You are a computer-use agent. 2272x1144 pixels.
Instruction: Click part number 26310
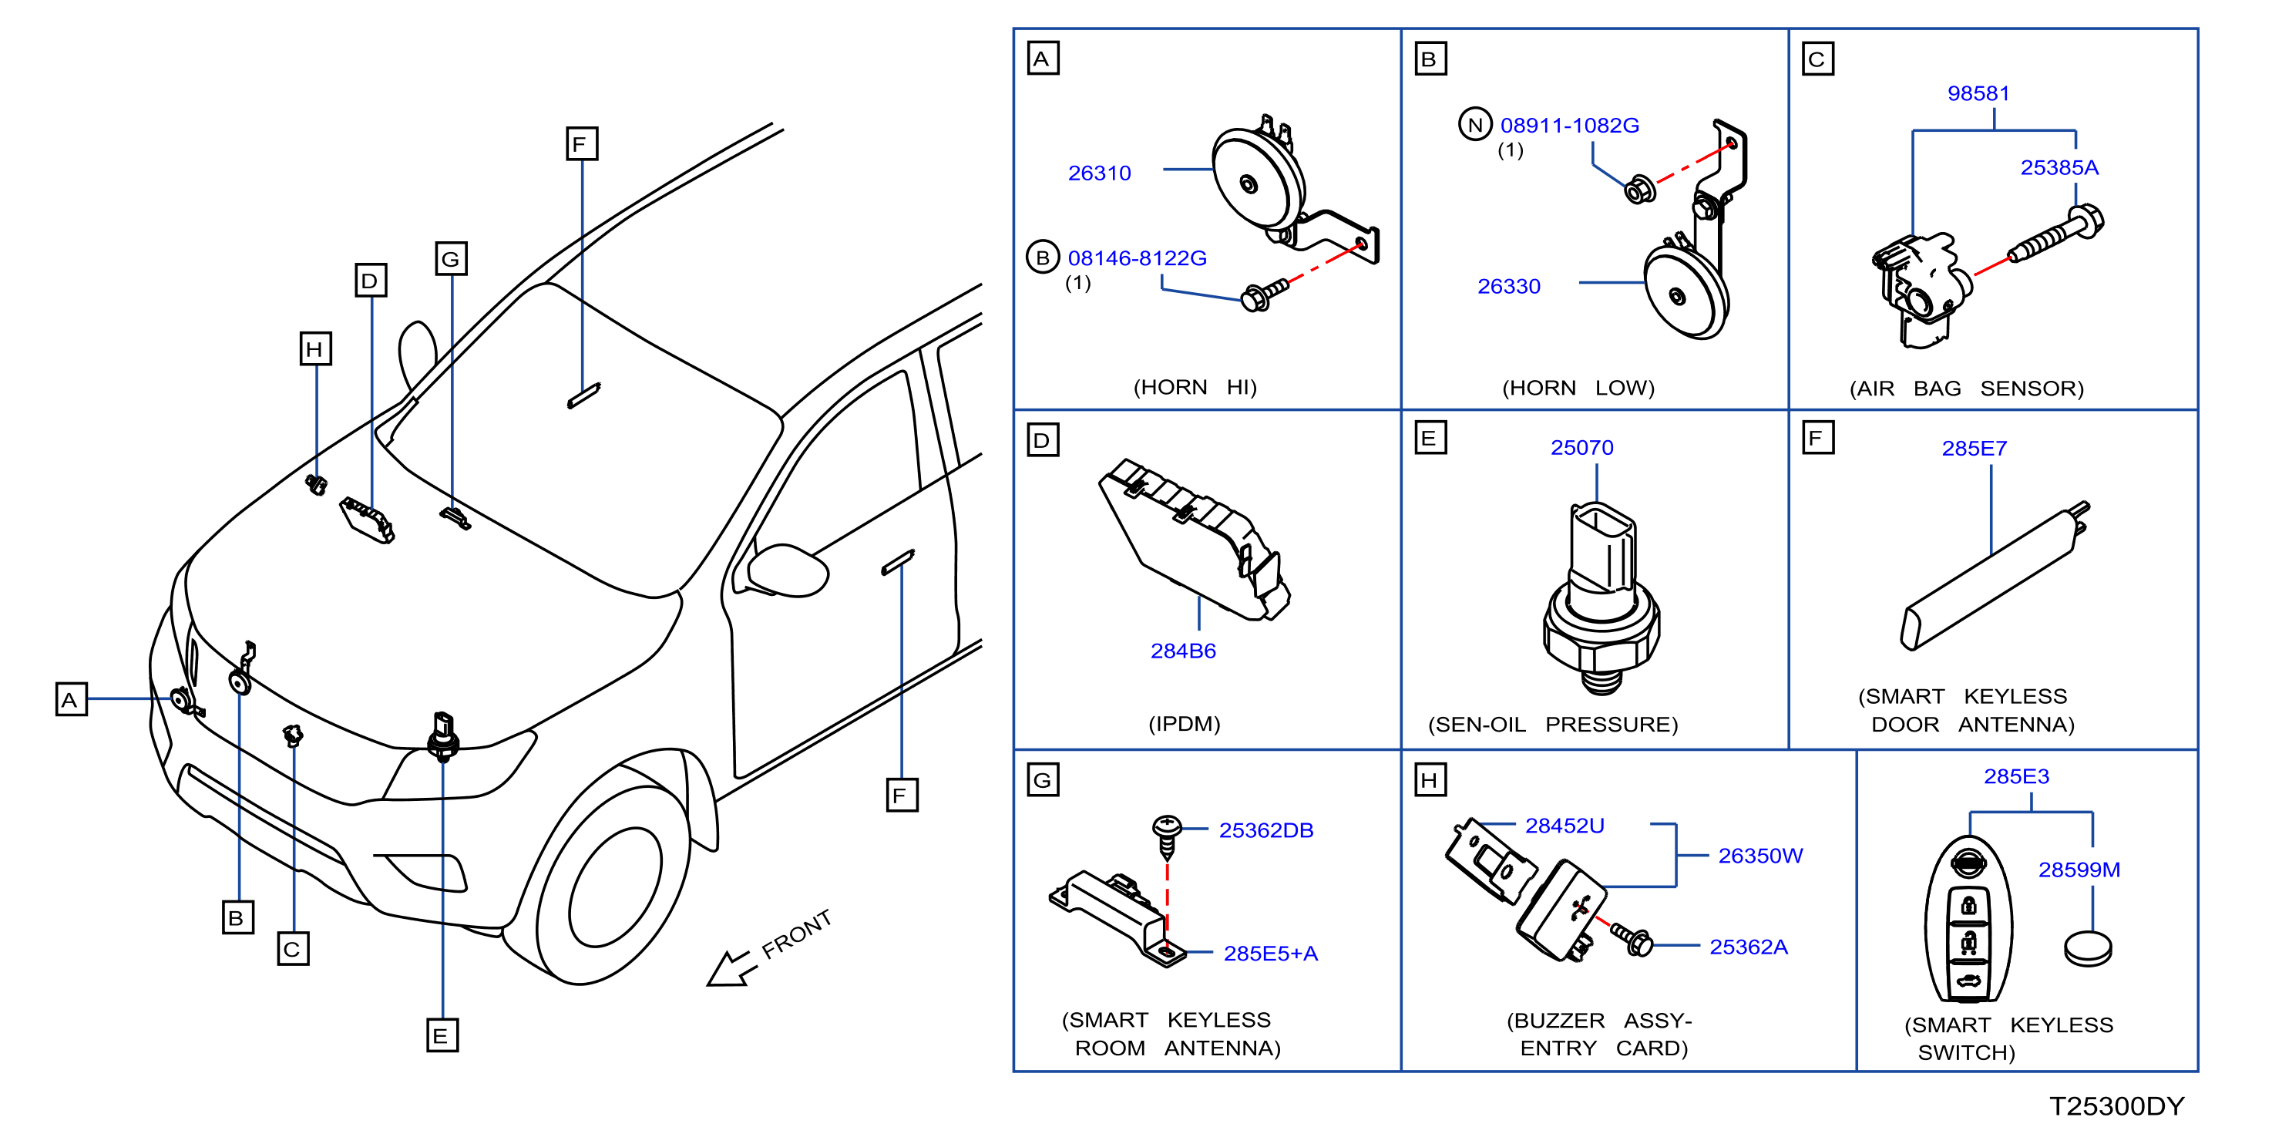click(x=1099, y=173)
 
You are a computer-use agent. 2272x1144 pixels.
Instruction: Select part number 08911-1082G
click(x=1569, y=125)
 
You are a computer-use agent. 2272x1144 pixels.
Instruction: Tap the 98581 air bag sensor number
click(x=1978, y=93)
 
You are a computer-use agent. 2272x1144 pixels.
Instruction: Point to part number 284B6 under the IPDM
click(x=1183, y=651)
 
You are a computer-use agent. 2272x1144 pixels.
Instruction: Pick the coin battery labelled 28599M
click(x=2088, y=949)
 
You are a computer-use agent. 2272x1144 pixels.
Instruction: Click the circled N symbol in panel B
click(x=1474, y=124)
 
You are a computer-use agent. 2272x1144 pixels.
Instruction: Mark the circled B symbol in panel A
click(x=1043, y=257)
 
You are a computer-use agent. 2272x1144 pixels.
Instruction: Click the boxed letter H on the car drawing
click(x=316, y=349)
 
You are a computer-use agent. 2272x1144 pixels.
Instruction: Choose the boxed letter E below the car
click(x=442, y=1035)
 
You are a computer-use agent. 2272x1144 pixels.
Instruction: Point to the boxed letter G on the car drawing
click(x=451, y=259)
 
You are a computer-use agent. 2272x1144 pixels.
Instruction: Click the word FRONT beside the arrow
click(x=796, y=934)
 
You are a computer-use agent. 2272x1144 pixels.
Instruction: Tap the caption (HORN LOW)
click(x=1578, y=388)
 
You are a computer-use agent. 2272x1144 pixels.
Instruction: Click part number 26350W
click(x=1760, y=856)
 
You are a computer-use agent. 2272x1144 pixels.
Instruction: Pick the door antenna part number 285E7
click(x=1974, y=448)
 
